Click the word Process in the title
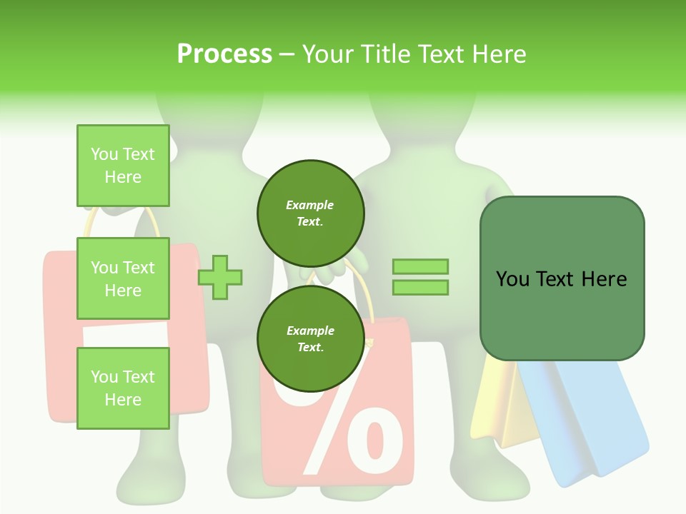click(224, 54)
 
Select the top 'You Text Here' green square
click(123, 166)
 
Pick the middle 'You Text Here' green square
click(123, 278)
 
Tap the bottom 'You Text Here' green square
click(123, 388)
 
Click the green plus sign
click(220, 276)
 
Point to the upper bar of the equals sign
click(420, 266)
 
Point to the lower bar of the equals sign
click(420, 288)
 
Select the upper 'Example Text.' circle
click(310, 213)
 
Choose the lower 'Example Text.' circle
click(310, 339)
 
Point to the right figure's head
click(422, 114)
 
